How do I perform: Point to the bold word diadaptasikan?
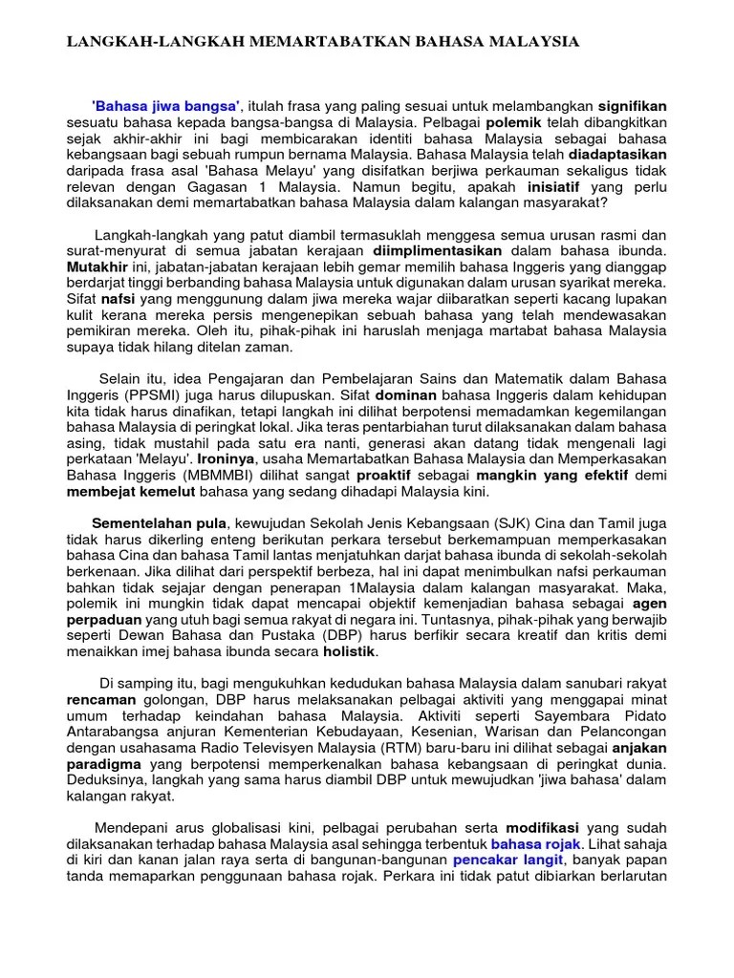[617, 153]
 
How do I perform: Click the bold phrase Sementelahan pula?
[159, 522]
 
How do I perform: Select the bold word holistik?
[349, 652]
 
